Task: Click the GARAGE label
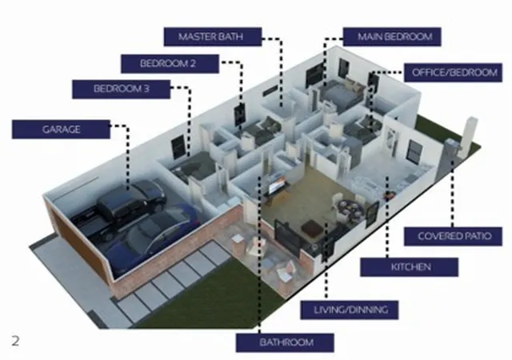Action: point(61,130)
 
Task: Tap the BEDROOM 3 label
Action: point(121,89)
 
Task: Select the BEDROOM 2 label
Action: point(170,63)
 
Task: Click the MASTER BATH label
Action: point(213,37)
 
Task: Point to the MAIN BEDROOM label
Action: point(392,37)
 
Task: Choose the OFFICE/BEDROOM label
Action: point(453,73)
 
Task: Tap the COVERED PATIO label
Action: point(453,236)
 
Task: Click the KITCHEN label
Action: point(409,267)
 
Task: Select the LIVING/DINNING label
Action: point(350,310)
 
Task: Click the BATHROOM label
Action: point(285,342)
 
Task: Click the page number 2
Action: point(15,341)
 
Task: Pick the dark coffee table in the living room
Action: point(312,228)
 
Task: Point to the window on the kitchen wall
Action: point(414,151)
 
